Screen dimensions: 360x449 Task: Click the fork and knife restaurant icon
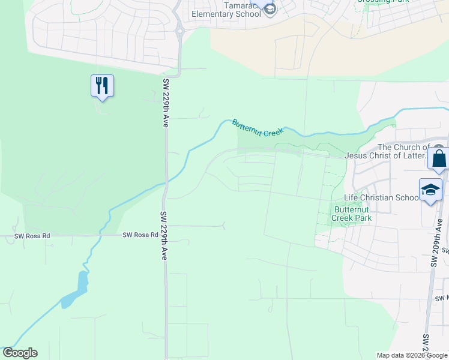[102, 85]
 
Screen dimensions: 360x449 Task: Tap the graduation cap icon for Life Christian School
[430, 190]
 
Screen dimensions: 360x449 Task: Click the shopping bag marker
[439, 159]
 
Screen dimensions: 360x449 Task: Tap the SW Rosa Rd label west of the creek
[32, 236]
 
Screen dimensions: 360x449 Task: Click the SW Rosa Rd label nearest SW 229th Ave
[139, 235]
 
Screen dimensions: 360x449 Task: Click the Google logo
[20, 353]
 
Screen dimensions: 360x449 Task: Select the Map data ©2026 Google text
[412, 355]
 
